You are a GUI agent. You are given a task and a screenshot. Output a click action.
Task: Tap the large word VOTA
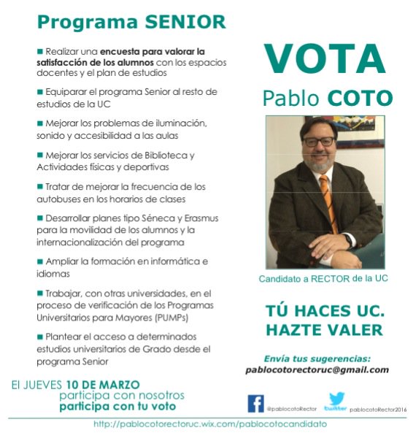[x=325, y=60]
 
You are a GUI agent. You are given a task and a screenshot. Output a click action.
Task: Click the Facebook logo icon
[x=256, y=403]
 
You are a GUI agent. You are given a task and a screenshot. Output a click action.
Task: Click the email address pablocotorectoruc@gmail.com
[x=317, y=369]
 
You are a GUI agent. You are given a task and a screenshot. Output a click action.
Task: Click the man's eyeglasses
[x=319, y=142]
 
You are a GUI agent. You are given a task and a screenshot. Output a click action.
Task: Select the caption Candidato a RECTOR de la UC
[x=323, y=279]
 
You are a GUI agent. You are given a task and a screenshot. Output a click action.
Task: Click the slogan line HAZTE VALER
[x=323, y=330]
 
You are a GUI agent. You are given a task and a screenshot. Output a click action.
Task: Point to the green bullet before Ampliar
[x=40, y=261]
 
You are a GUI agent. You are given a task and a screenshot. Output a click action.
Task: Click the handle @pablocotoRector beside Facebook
[x=285, y=409]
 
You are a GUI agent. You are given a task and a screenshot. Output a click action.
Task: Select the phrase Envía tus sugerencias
[x=317, y=358]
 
